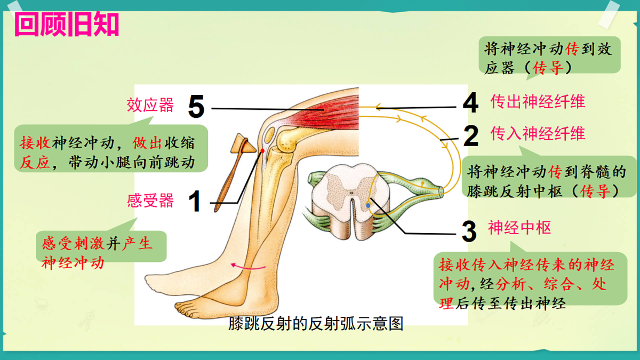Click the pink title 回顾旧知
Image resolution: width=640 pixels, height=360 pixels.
pyautogui.click(x=67, y=25)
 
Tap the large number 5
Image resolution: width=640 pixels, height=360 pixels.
pyautogui.click(x=196, y=107)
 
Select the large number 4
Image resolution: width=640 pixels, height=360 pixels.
pyautogui.click(x=470, y=102)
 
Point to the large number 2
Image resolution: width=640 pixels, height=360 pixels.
pyautogui.click(x=471, y=135)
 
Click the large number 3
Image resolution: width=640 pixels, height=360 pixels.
pyautogui.click(x=469, y=231)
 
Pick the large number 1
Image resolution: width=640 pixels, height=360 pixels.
pyautogui.click(x=195, y=202)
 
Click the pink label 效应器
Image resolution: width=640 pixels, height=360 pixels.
pyautogui.click(x=150, y=105)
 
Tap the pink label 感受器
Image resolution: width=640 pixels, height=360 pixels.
pyautogui.click(x=150, y=201)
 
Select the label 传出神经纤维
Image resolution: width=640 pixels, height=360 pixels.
pyautogui.click(x=538, y=101)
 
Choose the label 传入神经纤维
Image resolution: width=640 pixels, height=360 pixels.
pyautogui.click(x=538, y=133)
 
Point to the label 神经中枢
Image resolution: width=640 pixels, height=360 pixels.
pyautogui.click(x=519, y=228)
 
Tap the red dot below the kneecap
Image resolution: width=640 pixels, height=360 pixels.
pyautogui.click(x=262, y=150)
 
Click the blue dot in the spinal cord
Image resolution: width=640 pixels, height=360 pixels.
pyautogui.click(x=369, y=205)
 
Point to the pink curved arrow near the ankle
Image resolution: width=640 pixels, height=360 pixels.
pyautogui.click(x=248, y=267)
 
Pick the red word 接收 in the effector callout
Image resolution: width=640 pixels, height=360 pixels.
pyautogui.click(x=35, y=142)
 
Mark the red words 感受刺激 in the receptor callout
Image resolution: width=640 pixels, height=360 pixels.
pyautogui.click(x=73, y=244)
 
